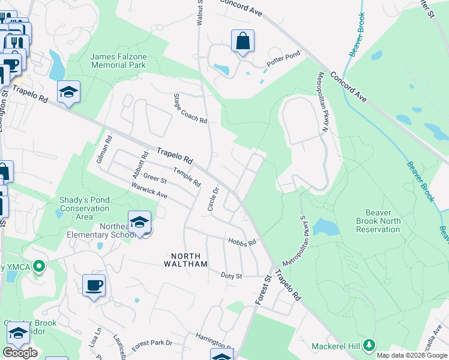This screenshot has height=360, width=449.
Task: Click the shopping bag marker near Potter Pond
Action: coord(243,42)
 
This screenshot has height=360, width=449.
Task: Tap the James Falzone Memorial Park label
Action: coord(118,61)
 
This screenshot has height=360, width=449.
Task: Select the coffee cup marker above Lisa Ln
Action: coord(94,286)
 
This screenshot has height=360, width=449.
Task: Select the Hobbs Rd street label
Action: coord(242,242)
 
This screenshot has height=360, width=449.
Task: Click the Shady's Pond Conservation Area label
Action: coord(85,208)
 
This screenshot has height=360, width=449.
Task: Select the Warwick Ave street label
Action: coord(149,191)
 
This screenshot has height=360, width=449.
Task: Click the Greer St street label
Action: coord(155,179)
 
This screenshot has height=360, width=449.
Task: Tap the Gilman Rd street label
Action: coord(109,147)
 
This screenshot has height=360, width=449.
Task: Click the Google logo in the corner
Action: coord(20,353)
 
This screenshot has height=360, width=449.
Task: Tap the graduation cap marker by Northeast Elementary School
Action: coord(139,222)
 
